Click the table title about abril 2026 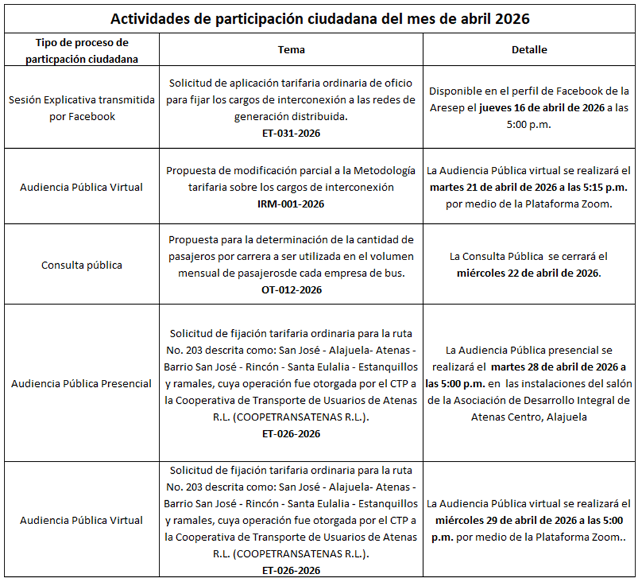pyautogui.click(x=320, y=19)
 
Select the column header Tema pyautogui.click(x=291, y=50)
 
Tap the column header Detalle pyautogui.click(x=529, y=50)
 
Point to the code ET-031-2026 pyautogui.click(x=291, y=133)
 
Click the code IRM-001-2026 pyautogui.click(x=291, y=203)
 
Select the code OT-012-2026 pyautogui.click(x=291, y=290)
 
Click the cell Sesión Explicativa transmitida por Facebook pyautogui.click(x=81, y=108)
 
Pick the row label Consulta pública pyautogui.click(x=81, y=265)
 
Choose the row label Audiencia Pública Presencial pyautogui.click(x=81, y=384)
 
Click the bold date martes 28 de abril pyautogui.click(x=557, y=367)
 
